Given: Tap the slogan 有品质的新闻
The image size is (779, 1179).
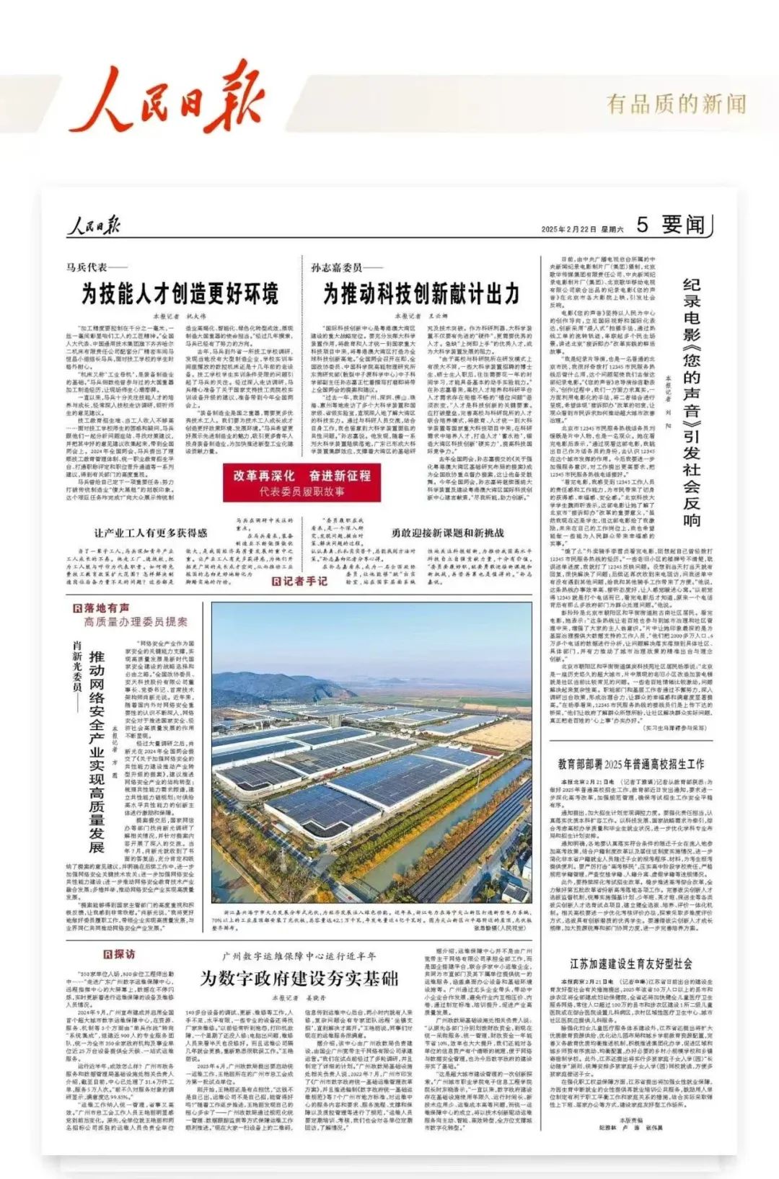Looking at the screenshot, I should (676, 104).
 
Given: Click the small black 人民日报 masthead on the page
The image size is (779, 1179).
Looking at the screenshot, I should (93, 226).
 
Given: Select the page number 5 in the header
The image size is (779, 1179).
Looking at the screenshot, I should (642, 225).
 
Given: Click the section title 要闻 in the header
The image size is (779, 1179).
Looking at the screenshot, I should (682, 225).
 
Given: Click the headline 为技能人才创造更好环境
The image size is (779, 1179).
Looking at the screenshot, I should (170, 294).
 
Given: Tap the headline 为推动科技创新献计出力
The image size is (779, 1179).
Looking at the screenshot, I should (411, 294).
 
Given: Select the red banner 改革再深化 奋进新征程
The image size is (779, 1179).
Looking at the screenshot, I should (302, 481).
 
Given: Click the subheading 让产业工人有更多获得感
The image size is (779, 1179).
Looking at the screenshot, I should (150, 533).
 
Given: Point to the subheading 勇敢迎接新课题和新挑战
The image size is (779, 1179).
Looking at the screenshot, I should (447, 533).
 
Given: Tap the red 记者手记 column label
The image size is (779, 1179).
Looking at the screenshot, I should (299, 581).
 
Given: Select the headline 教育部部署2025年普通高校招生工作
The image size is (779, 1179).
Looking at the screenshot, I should (630, 764).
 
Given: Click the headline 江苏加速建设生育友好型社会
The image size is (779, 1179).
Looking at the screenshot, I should (630, 964).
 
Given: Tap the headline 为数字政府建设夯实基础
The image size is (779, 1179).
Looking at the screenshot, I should (299, 978).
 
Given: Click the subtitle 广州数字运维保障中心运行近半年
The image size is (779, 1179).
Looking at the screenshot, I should (299, 956).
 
